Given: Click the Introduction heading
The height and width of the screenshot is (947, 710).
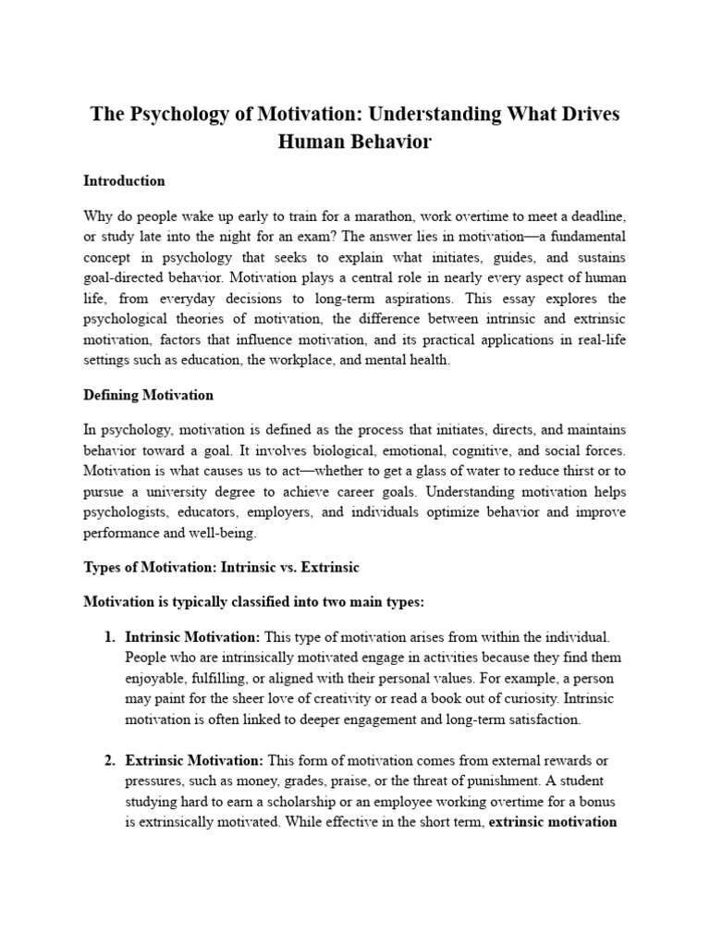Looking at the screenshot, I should (x=124, y=180).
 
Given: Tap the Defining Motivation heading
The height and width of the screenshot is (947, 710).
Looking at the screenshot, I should (x=148, y=395).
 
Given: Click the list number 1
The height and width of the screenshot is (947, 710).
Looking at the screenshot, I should (x=108, y=637).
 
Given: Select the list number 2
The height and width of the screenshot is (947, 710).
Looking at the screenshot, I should (x=108, y=760).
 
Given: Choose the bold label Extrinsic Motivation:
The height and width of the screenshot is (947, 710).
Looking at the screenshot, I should (x=194, y=760).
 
